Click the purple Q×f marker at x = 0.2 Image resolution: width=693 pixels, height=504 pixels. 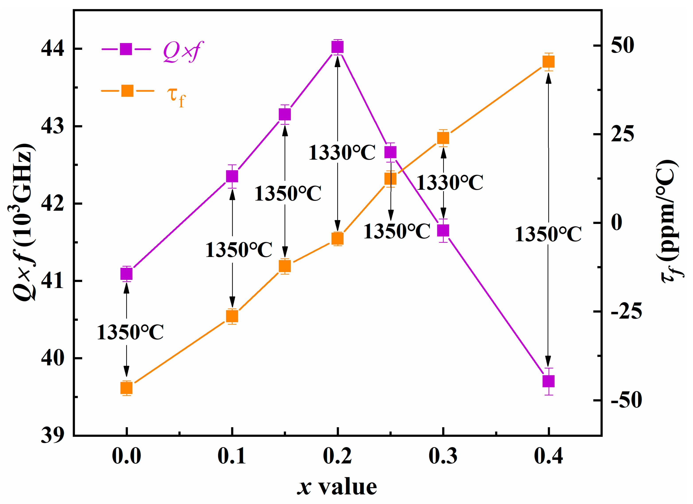coord(337,47)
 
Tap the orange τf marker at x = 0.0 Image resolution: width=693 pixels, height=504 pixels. coord(126,388)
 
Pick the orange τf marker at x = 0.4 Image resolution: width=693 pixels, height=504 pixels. coord(548,62)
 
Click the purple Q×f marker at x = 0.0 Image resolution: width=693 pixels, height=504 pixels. coord(126,274)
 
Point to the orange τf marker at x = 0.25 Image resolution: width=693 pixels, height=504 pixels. coord(390,179)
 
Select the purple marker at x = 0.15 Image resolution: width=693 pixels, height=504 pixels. coord(285,115)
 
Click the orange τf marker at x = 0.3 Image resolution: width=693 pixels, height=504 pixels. coord(443,138)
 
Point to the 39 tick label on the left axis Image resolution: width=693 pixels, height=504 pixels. coord(52,435)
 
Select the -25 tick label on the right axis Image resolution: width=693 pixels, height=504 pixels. coord(626,312)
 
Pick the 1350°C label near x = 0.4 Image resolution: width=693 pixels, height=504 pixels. coord(548,234)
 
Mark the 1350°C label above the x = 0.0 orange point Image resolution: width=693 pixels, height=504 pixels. coord(130,332)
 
